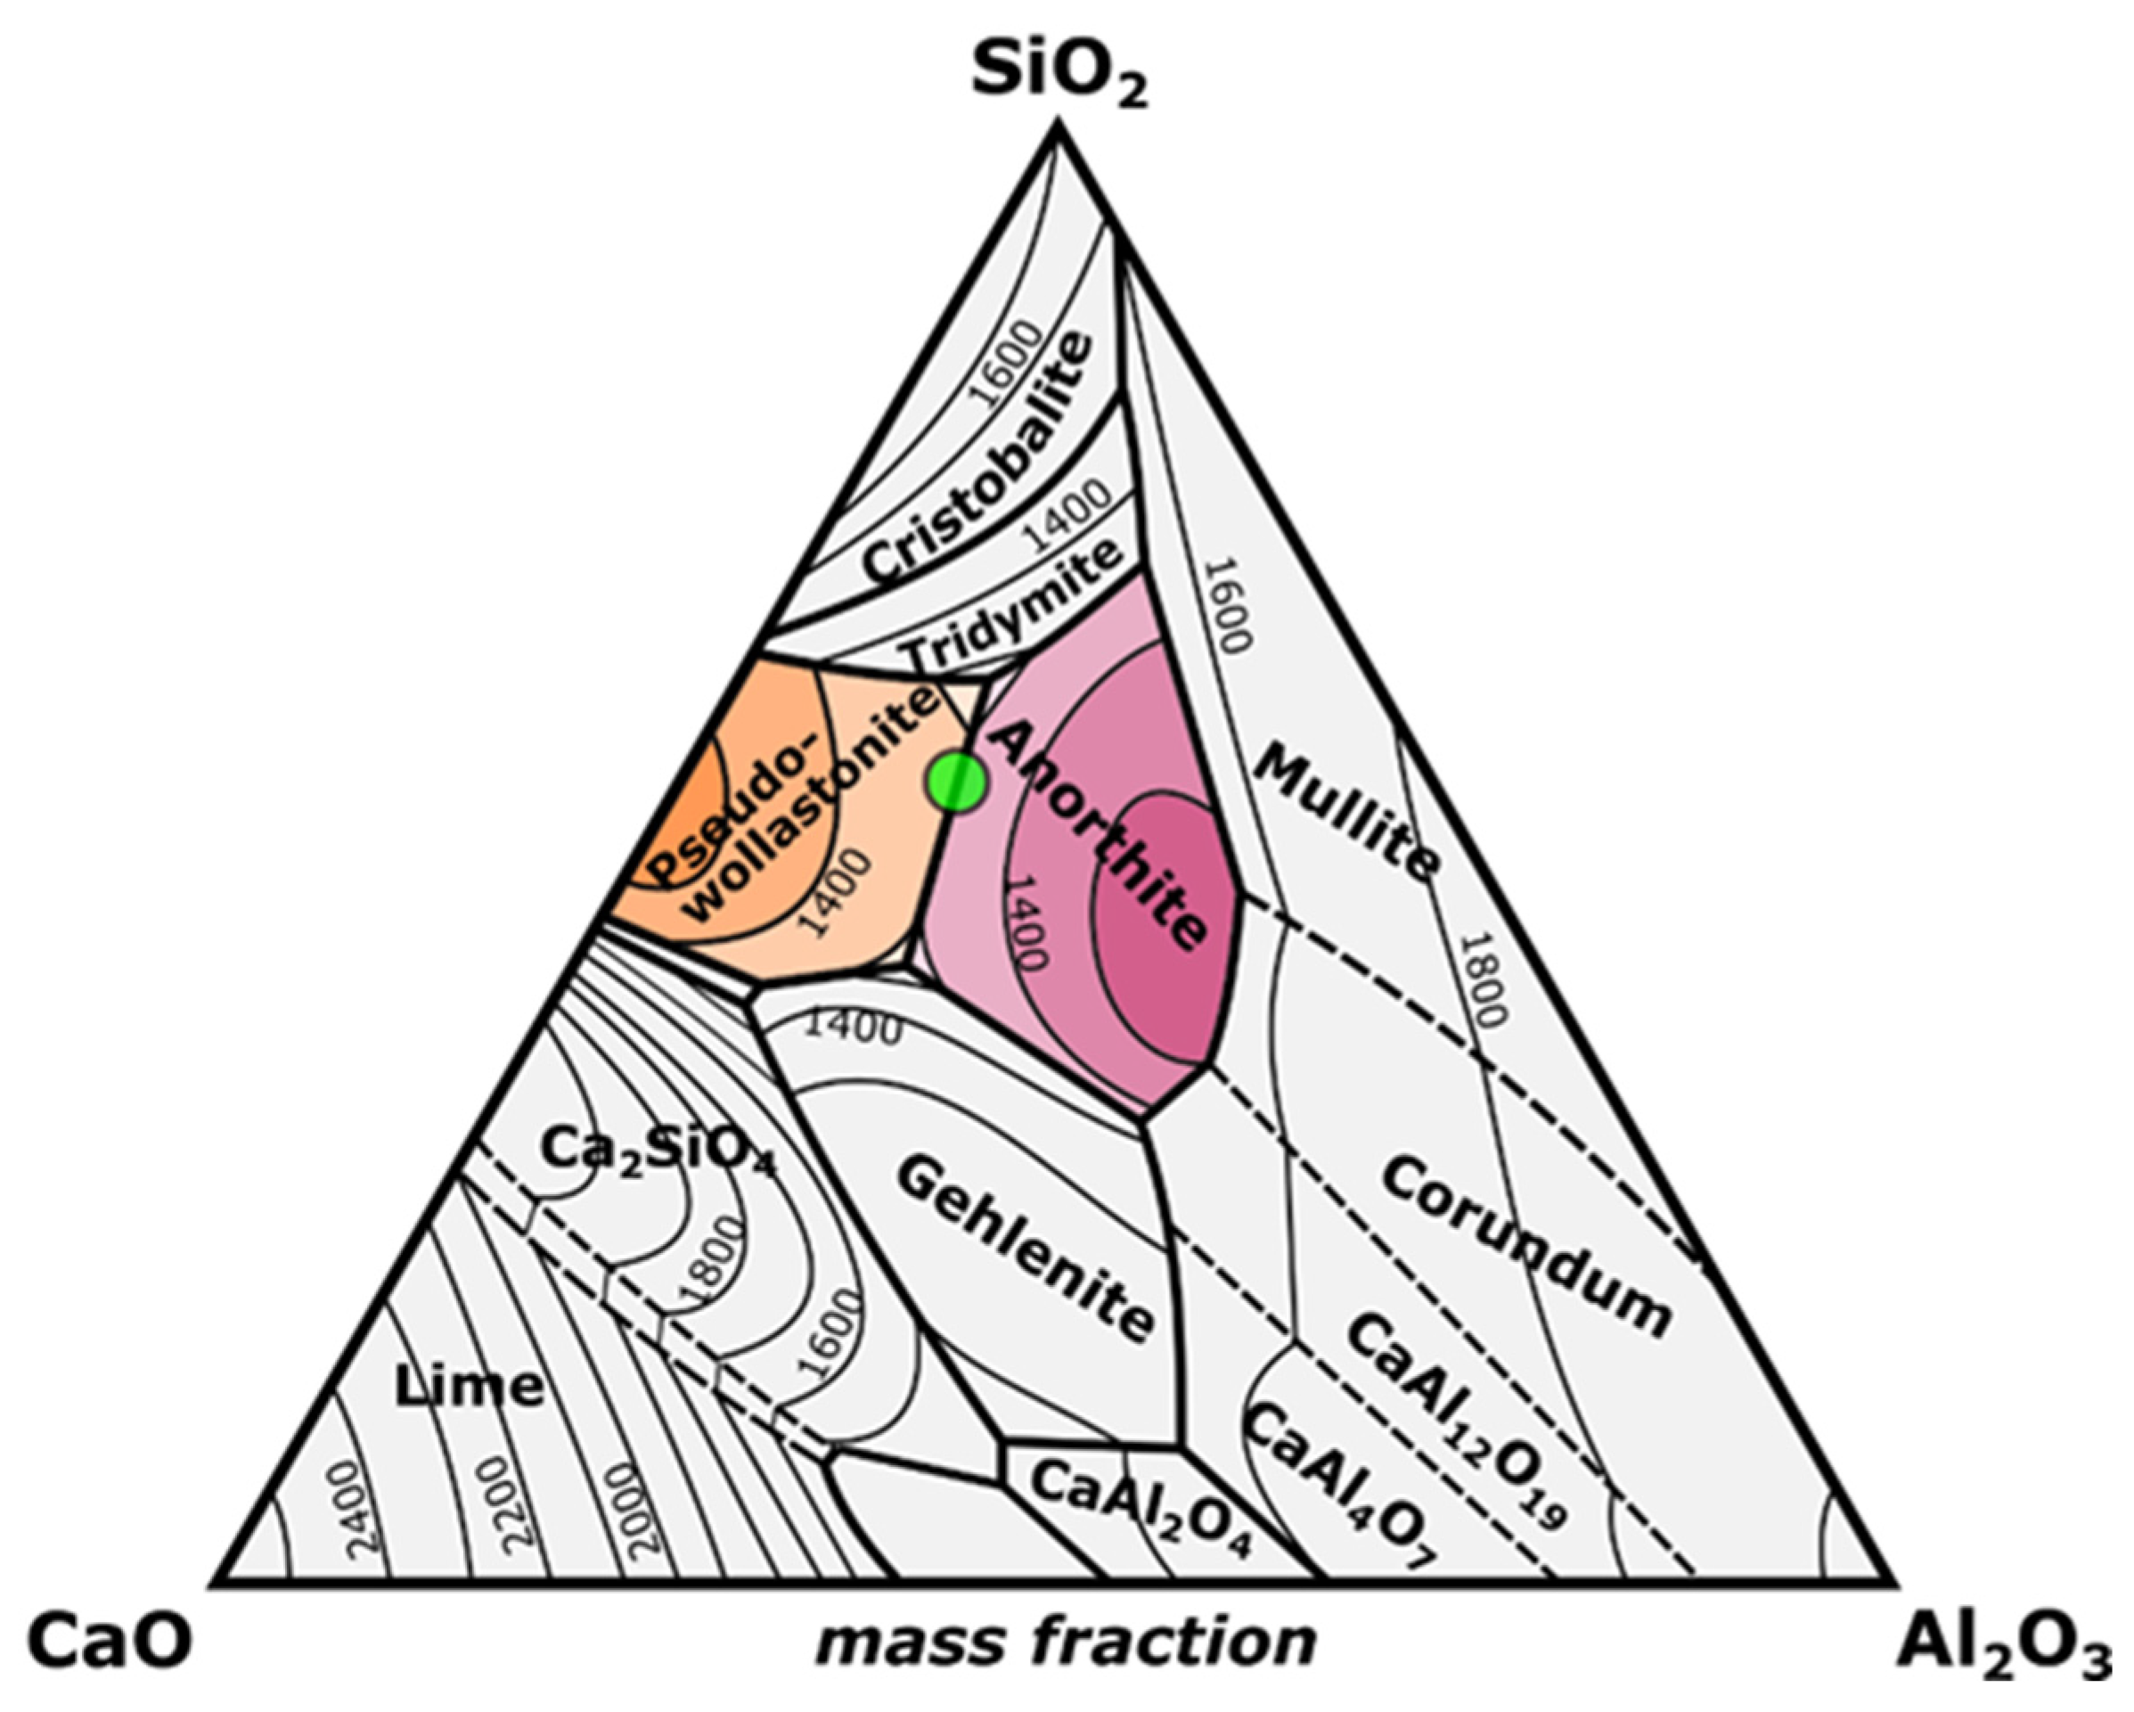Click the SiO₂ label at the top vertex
coord(1059,74)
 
